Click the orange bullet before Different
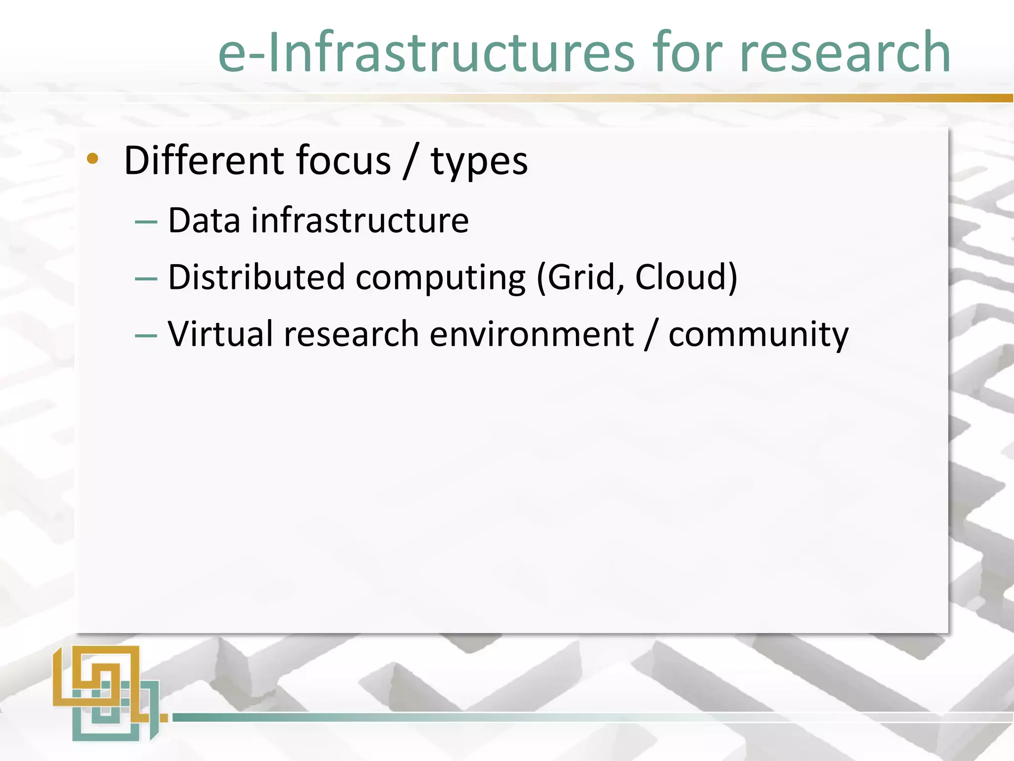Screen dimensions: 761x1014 pyautogui.click(x=92, y=159)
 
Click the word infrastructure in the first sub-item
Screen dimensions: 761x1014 pyautogui.click(x=360, y=220)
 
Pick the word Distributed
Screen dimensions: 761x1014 pyautogui.click(x=256, y=277)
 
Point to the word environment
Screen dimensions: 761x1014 pyautogui.click(x=532, y=335)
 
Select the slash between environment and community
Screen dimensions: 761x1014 pyautogui.click(x=651, y=335)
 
